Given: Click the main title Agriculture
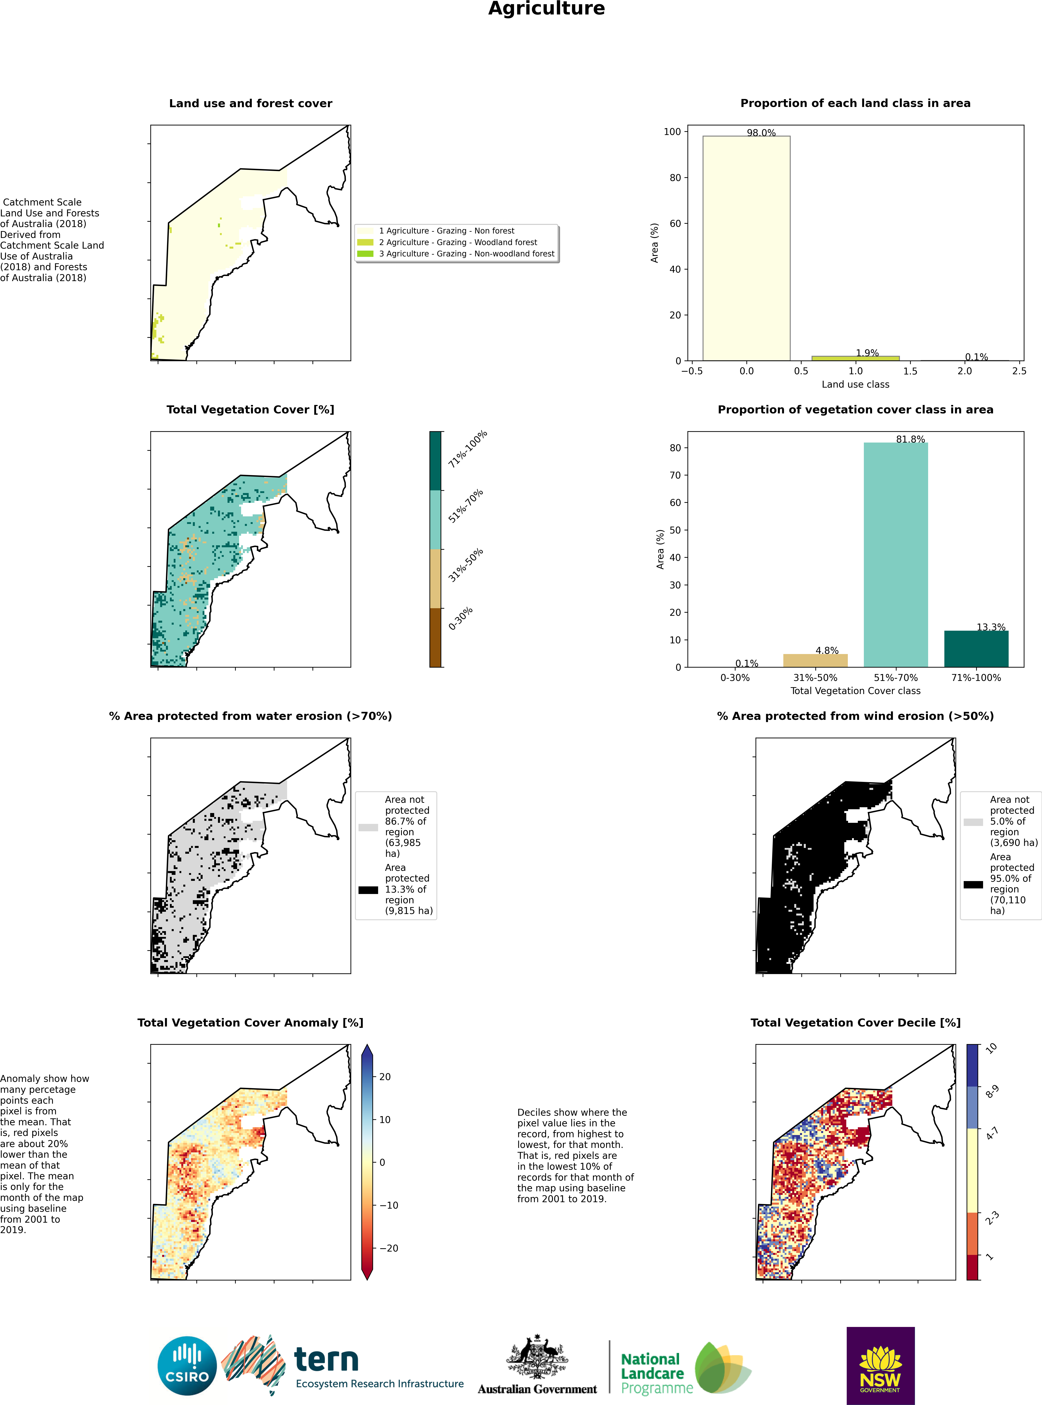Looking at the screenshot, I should tap(546, 9).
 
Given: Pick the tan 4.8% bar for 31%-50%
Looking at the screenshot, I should tap(815, 660).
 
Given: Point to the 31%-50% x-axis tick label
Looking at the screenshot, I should tap(815, 678).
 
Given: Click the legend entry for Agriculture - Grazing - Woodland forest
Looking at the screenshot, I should tap(457, 242).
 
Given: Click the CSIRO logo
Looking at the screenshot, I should tap(187, 1366).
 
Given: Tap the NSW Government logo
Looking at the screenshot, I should tap(880, 1365).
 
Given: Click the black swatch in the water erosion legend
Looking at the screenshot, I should tap(368, 890).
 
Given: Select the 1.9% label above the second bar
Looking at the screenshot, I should tap(867, 353).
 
